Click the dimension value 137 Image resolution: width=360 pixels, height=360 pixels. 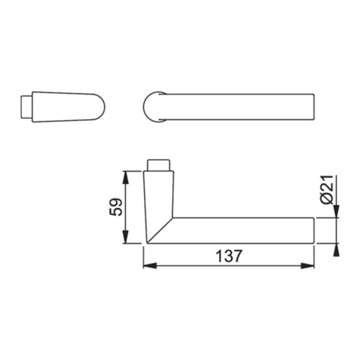pos(229,256)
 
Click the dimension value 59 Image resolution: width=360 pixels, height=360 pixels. pos(116,207)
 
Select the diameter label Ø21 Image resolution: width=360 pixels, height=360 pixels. pos(327,190)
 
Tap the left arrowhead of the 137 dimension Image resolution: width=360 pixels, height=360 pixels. pos(150,266)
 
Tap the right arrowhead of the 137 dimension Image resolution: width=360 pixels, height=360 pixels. pos(307,266)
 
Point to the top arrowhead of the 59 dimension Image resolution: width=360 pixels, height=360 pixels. pos(125,178)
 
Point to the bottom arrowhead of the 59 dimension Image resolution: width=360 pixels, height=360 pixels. pos(125,237)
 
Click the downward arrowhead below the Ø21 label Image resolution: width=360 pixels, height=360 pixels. pos(336,211)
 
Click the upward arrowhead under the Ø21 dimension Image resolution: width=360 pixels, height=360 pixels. pos(336,250)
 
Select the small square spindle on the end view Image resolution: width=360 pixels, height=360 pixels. pos(27,107)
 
